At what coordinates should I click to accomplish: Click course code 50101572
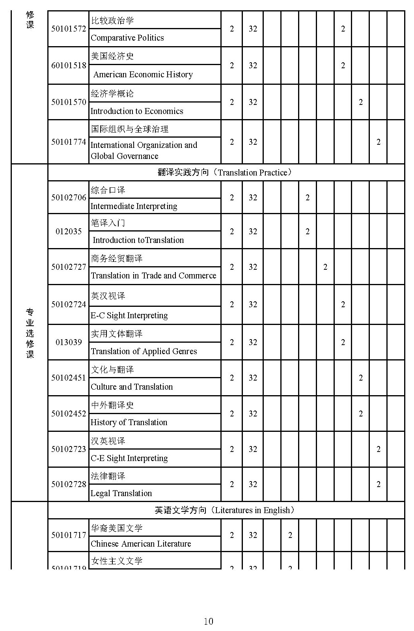click(x=69, y=29)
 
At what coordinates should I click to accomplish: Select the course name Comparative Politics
click(x=127, y=38)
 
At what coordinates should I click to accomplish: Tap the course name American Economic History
click(x=143, y=75)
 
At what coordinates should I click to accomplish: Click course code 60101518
click(x=69, y=65)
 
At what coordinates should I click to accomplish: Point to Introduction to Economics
click(x=137, y=111)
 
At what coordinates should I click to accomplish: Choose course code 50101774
click(x=69, y=142)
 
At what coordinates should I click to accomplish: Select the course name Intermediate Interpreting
click(x=134, y=206)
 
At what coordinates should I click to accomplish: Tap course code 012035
click(x=69, y=231)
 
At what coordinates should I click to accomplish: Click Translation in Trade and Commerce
click(x=153, y=276)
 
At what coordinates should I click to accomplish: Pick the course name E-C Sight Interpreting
click(x=129, y=315)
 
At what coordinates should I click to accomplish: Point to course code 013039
click(x=69, y=342)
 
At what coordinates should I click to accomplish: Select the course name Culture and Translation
click(x=132, y=387)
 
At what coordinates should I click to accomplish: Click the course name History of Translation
click(x=129, y=422)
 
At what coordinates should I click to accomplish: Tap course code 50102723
click(x=69, y=449)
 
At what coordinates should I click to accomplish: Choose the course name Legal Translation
click(x=121, y=493)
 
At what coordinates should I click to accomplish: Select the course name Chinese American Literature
click(x=141, y=544)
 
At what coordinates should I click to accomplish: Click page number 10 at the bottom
click(x=208, y=622)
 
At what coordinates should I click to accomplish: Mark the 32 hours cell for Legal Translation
click(x=253, y=484)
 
